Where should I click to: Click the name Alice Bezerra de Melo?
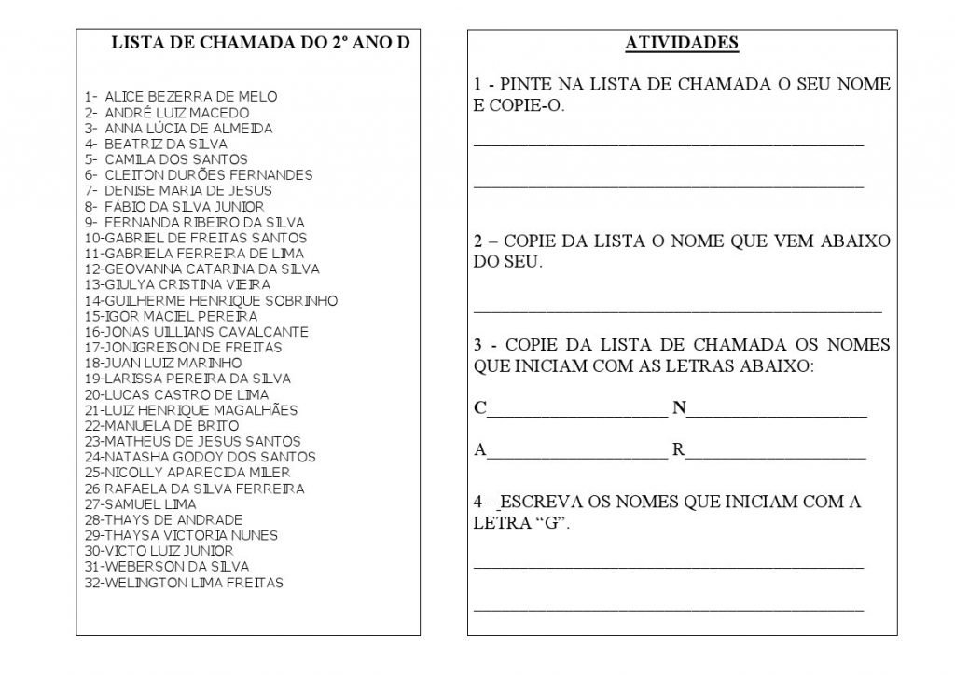(190, 97)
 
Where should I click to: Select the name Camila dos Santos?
(175, 159)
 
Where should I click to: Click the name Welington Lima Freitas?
(194, 583)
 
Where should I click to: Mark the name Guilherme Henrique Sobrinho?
(221, 301)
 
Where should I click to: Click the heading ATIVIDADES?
(681, 43)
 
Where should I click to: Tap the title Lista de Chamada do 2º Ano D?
(260, 43)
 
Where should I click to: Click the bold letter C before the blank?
(480, 407)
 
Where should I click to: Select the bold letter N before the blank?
(679, 407)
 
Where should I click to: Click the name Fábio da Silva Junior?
(184, 207)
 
